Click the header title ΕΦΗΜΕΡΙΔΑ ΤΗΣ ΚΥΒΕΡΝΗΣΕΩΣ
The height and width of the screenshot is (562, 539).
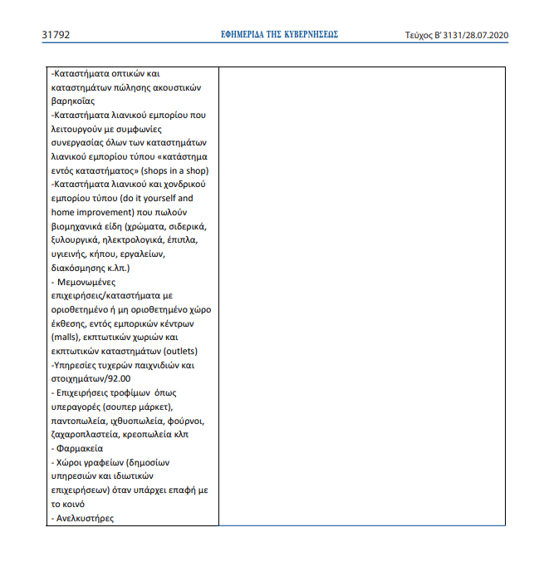[279, 35]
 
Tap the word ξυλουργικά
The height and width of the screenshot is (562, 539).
[76, 239]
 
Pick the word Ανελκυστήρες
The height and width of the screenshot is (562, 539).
[84, 518]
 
